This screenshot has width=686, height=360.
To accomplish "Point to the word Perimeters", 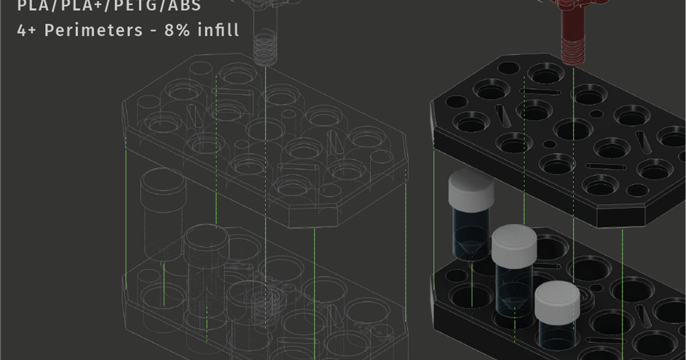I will [93, 30].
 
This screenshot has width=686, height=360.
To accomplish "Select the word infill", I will [218, 30].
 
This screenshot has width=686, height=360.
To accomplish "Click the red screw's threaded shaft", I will [573, 43].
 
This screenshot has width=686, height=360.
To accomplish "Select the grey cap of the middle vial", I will [514, 245].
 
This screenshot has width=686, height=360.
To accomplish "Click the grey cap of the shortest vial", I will [557, 301].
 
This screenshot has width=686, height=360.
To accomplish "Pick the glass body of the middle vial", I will [513, 286].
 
